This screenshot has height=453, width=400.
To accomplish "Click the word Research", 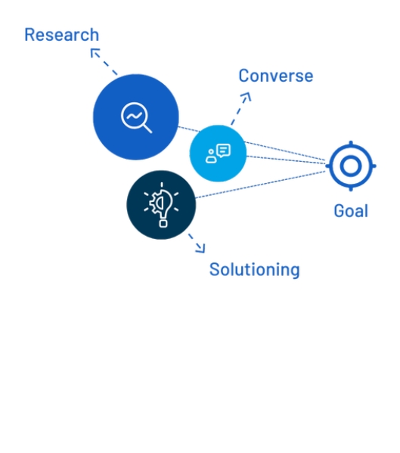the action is click(62, 35).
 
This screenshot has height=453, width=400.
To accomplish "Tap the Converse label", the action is click(276, 76).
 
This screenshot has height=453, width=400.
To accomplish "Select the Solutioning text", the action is click(254, 270).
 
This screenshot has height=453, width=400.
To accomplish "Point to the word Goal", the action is click(351, 210).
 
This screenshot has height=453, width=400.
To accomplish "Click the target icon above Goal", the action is click(330, 166).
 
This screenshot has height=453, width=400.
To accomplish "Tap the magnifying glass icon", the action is click(136, 117).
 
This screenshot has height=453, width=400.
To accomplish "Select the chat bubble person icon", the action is click(218, 154).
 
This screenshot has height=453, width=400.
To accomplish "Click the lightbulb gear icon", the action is click(161, 204).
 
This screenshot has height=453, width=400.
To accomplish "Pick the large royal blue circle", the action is click(136, 117).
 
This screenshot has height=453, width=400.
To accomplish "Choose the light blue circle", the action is click(218, 154).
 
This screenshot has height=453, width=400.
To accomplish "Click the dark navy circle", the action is click(161, 205).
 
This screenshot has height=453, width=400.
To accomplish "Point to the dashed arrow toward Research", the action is click(104, 61).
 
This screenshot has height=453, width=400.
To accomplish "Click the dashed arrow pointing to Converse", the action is click(240, 109).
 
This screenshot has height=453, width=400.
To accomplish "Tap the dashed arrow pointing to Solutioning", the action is click(197, 244).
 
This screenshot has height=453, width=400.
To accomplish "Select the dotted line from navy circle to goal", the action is click(261, 185).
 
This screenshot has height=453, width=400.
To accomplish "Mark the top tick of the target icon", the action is click(351, 144).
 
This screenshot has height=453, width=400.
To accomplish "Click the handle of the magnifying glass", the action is click(147, 129).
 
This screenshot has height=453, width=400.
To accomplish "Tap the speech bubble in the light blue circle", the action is click(224, 150).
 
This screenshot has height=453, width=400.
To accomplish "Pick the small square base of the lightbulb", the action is click(163, 224).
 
